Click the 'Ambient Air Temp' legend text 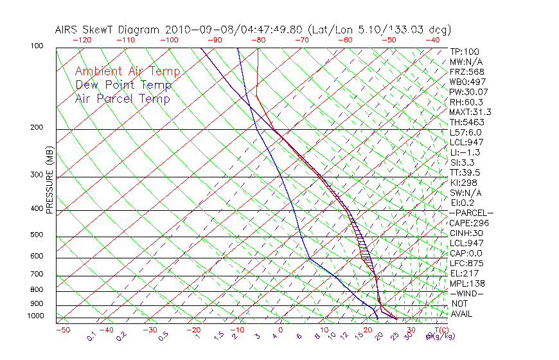point(127,71)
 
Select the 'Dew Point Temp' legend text point(123,85)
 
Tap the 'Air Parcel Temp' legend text point(123,98)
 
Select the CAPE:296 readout point(468,223)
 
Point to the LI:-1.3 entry point(465,152)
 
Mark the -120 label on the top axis point(82,40)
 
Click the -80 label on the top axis point(258,40)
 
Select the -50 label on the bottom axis point(62,330)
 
